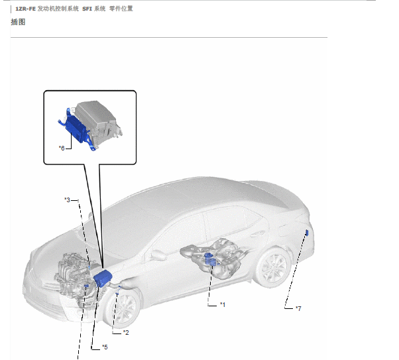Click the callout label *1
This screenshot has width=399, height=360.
coord(223,304)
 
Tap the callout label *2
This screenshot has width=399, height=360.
coord(126,333)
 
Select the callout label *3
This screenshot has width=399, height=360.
coord(68,200)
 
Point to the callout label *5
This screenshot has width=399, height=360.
coord(105,347)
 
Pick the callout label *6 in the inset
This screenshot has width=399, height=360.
coord(62,148)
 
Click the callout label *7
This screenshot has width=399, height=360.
coord(298,308)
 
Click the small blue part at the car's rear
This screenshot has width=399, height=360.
coord(307,233)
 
